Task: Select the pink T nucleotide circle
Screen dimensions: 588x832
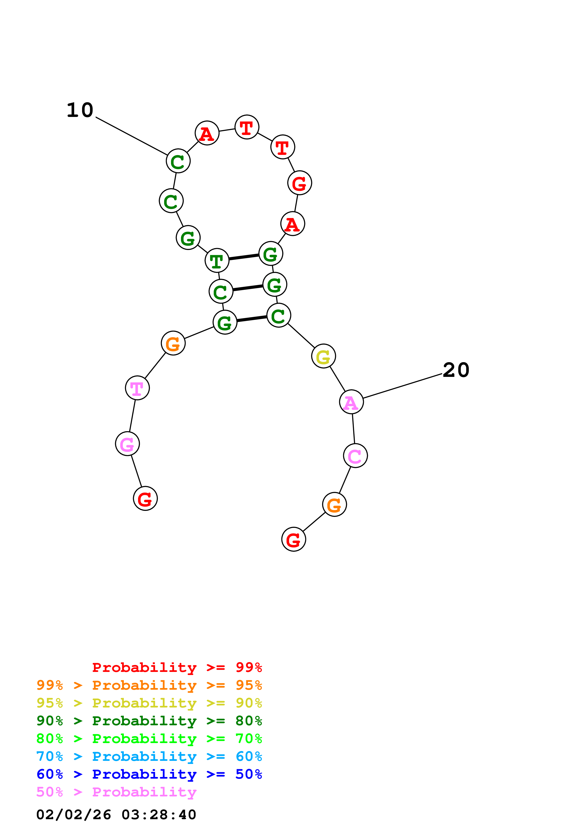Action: pos(137,388)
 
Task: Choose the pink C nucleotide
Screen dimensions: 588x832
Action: pos(355,456)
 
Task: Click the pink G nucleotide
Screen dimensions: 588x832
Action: pos(127,444)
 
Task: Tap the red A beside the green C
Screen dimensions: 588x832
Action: pos(207,133)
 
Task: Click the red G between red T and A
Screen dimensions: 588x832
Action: pos(300,183)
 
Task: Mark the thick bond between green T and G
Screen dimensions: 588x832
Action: pos(244,257)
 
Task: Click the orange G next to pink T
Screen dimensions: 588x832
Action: pos(173,343)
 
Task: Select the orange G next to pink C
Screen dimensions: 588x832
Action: pos(334,504)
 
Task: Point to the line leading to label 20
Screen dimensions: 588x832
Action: pos(402,386)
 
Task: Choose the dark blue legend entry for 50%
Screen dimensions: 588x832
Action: pos(149,774)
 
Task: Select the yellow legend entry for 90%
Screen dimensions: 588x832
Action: pos(149,703)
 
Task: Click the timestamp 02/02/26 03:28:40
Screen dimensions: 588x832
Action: pos(116,815)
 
